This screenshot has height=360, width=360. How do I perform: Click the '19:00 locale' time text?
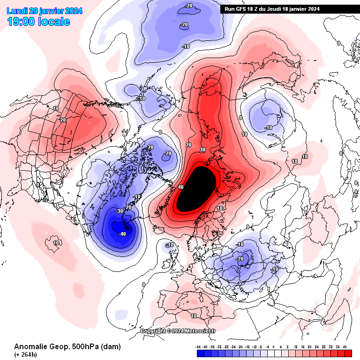point(38,22)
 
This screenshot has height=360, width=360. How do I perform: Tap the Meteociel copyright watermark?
point(178,331)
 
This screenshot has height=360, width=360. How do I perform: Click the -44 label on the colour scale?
point(199,347)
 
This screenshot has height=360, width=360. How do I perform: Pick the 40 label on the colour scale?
point(345,347)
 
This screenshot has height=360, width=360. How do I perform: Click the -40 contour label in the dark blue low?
point(123,234)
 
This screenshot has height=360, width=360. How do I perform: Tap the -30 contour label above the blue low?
point(119,211)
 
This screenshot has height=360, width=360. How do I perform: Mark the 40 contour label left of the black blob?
point(180,187)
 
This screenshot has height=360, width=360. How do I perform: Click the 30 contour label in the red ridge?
point(202,150)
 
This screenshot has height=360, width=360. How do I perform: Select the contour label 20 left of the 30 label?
point(189,145)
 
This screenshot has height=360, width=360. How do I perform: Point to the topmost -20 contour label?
point(189,6)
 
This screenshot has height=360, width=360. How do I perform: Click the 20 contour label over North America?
point(63,120)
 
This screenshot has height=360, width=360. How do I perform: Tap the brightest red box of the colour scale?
point(348,353)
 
